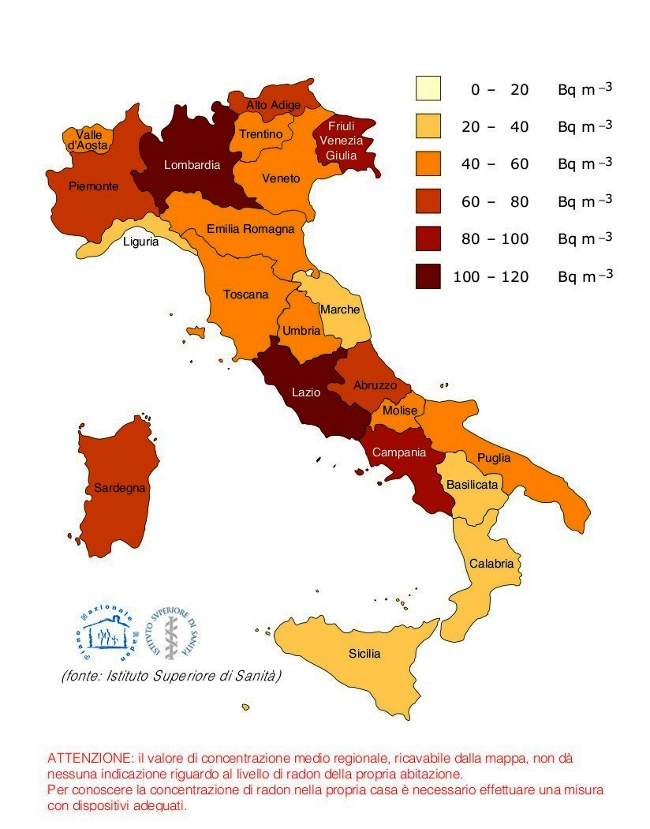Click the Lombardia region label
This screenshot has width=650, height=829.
click(192, 165)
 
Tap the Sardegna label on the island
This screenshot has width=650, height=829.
click(120, 488)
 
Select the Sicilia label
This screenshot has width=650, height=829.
click(364, 654)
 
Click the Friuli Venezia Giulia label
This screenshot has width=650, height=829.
click(341, 141)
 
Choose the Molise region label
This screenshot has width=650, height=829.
click(400, 411)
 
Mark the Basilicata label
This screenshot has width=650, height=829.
click(473, 484)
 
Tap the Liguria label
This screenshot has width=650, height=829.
click(140, 242)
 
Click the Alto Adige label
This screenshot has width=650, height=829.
click(272, 104)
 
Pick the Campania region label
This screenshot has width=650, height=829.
click(399, 452)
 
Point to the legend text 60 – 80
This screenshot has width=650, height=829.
click(495, 201)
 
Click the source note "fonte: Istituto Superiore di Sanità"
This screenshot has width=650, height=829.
click(171, 677)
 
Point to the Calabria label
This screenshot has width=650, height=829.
click(491, 564)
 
